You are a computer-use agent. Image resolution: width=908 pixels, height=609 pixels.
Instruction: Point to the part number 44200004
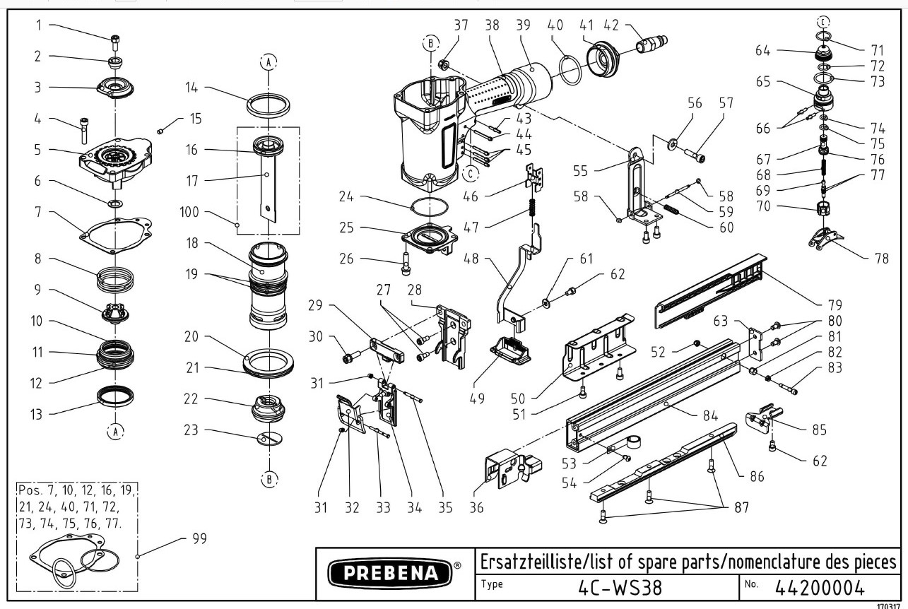[x=820, y=587]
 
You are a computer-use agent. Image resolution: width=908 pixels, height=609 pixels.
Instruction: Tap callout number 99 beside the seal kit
[x=199, y=539]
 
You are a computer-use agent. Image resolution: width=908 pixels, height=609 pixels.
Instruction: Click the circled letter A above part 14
[x=268, y=62]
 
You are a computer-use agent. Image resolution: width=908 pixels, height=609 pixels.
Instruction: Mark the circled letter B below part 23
[x=269, y=480]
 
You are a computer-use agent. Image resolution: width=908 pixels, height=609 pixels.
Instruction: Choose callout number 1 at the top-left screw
[x=39, y=25]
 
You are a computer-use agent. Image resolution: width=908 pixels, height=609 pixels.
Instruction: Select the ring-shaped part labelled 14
[x=269, y=104]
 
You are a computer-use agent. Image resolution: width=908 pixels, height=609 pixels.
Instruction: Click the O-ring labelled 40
[x=571, y=69]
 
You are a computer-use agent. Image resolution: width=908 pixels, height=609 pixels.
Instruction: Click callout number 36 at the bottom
[x=477, y=508]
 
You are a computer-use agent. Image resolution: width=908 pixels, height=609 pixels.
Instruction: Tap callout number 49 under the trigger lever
[x=477, y=398]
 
